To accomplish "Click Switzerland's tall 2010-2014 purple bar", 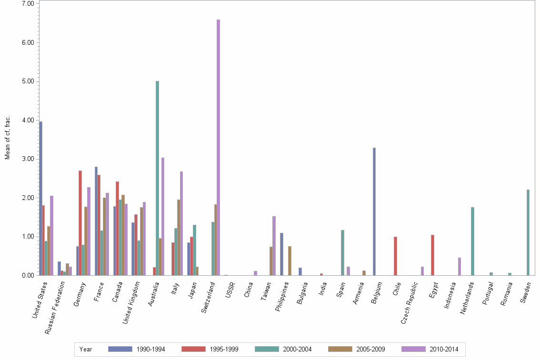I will pyautogui.click(x=218, y=148).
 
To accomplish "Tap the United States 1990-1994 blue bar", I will pyautogui.click(x=41, y=198).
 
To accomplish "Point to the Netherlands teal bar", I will pyautogui.click(x=472, y=241).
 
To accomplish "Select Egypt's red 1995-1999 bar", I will pyautogui.click(x=432, y=255).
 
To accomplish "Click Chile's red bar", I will pyautogui.click(x=395, y=256).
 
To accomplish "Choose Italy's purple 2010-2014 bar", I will pyautogui.click(x=181, y=223).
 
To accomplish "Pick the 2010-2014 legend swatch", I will pyautogui.click(x=414, y=350).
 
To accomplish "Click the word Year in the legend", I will pyautogui.click(x=86, y=350).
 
